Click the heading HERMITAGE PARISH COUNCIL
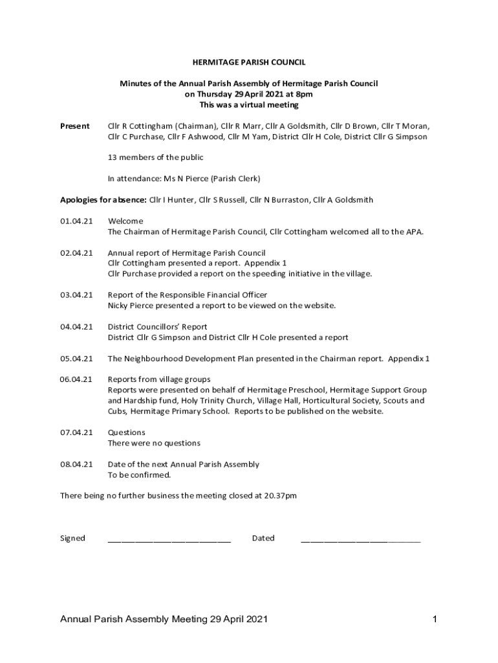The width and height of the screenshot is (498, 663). tap(248, 63)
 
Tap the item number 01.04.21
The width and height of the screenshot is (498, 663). tap(76, 221)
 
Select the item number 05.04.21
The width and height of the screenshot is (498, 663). tap(76, 359)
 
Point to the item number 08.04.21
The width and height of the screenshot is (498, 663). tap(76, 464)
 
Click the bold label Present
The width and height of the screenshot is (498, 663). tap(74, 126)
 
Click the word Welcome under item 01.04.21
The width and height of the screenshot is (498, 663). tap(125, 221)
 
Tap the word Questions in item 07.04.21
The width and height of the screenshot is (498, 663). tap(126, 433)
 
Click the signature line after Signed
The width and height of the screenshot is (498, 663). tap(169, 539)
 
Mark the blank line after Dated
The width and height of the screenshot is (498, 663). tap(360, 539)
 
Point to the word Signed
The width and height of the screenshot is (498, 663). tap(72, 538)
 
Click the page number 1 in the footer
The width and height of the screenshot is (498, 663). tap(435, 620)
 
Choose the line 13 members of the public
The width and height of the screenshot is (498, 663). tap(155, 157)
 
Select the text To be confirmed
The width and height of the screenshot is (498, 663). tap(139, 475)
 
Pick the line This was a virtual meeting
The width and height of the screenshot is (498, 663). tap(248, 105)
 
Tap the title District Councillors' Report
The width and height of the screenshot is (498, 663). tap(157, 327)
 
